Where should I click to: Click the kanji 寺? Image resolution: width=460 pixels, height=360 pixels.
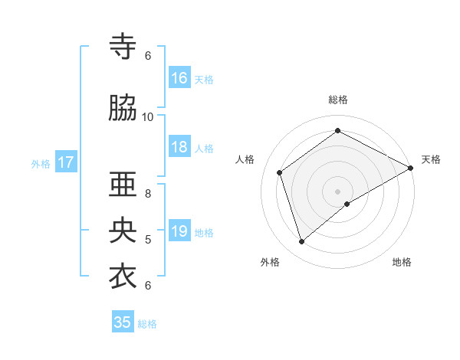(123, 47)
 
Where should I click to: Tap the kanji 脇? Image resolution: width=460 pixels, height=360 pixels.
(123, 108)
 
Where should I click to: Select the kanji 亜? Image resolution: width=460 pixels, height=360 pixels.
(123, 186)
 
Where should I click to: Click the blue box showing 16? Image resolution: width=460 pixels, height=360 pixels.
(179, 78)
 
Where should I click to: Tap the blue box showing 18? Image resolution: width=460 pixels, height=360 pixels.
(179, 148)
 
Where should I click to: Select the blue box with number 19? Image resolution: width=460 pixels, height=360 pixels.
(179, 232)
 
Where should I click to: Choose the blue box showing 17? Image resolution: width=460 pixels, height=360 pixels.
(66, 162)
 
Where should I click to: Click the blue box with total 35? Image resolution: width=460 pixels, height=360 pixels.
(123, 322)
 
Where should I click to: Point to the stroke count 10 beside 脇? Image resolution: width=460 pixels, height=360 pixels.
(148, 116)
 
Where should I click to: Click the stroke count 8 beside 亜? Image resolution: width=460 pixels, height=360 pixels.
(148, 193)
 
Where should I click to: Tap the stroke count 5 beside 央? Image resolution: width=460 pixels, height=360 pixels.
(148, 240)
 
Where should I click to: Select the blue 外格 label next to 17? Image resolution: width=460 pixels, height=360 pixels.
(41, 163)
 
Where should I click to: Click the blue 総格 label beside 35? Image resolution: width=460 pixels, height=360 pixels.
(147, 323)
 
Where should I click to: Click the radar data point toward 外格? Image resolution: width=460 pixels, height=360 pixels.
(301, 242)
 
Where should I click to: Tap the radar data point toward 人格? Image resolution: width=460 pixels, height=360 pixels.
(280, 172)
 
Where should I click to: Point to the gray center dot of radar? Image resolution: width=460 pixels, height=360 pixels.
(337, 191)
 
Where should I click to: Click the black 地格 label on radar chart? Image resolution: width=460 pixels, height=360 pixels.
(402, 262)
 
